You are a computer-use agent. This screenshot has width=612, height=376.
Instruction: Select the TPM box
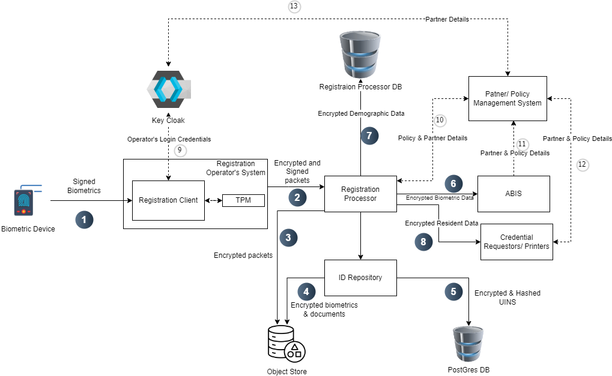[243, 200]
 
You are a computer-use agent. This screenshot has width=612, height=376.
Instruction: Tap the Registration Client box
[168, 200]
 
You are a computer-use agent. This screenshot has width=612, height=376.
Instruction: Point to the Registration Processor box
[360, 194]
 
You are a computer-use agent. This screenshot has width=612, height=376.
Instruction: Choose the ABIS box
[514, 194]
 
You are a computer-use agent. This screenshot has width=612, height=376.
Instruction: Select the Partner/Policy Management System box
[507, 98]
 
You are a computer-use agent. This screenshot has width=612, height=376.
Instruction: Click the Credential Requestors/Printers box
[517, 242]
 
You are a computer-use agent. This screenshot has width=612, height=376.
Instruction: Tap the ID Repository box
[360, 277]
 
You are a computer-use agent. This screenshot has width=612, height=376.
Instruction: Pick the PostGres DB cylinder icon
[468, 344]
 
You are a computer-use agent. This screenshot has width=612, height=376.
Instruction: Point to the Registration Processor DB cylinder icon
[360, 52]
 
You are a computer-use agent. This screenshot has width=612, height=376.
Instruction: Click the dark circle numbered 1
[84, 219]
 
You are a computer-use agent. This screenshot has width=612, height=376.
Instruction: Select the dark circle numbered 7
[370, 136]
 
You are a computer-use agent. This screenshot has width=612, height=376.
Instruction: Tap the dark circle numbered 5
[453, 291]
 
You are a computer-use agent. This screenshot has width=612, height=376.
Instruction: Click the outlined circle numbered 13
[294, 7]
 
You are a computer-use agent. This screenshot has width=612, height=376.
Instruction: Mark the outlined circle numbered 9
[181, 151]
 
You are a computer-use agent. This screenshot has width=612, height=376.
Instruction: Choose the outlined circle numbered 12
[581, 164]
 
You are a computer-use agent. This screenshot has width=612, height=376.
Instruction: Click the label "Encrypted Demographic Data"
[361, 113]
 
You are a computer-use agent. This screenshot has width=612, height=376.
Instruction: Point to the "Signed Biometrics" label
[84, 186]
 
